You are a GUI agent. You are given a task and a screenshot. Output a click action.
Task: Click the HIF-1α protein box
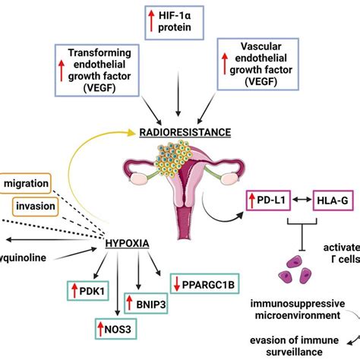pos(179,21)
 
